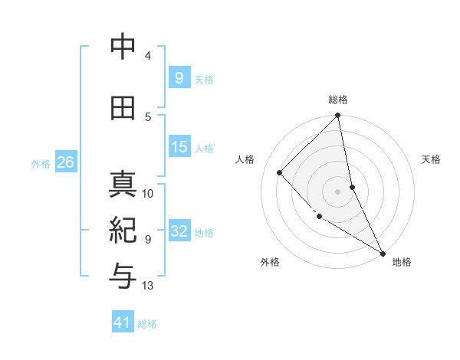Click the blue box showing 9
(x=179, y=78)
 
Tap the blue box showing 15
(x=179, y=147)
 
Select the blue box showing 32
(x=179, y=232)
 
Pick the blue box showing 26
(x=65, y=162)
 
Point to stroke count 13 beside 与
(x=148, y=286)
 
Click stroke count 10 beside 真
(x=148, y=194)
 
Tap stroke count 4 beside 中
(x=148, y=56)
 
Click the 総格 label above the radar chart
(x=338, y=100)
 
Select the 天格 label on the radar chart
(x=431, y=159)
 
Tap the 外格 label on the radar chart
(x=270, y=262)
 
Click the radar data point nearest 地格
(x=383, y=253)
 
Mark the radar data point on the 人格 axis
(x=280, y=172)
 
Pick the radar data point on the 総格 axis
(x=338, y=116)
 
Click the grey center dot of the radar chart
(x=338, y=191)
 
